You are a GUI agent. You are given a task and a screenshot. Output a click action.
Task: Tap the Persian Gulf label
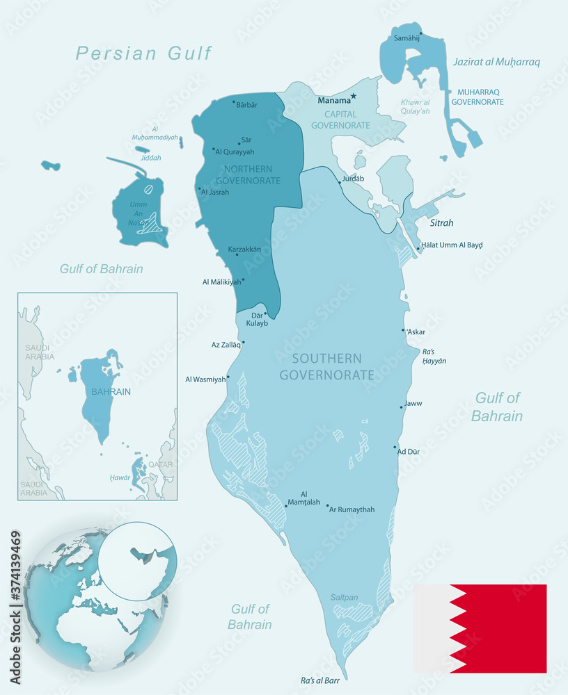click(x=143, y=53)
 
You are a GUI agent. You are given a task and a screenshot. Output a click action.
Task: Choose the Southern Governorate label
click(x=326, y=367)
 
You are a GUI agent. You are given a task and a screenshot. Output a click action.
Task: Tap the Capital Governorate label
click(x=340, y=120)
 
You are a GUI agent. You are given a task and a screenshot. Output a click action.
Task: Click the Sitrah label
click(x=441, y=223)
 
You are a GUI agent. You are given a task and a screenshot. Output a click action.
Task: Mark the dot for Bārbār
click(x=233, y=101)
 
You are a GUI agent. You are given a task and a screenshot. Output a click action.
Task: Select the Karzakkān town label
click(x=244, y=249)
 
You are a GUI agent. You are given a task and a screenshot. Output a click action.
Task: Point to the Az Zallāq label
click(x=226, y=344)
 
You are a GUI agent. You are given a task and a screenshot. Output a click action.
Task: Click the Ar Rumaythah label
click(x=352, y=509)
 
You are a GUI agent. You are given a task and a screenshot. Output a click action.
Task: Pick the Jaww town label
click(x=413, y=403)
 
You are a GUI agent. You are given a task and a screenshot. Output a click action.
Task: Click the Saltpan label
click(x=344, y=597)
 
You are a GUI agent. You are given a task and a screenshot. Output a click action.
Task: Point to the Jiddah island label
click(x=150, y=158)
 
